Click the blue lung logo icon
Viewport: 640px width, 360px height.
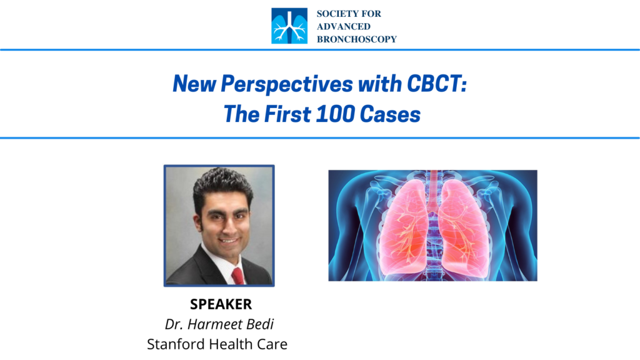point(289,26)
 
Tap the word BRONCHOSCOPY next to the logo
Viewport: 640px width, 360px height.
point(357,39)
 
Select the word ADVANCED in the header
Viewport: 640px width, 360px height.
point(344,26)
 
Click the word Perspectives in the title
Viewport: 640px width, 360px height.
point(286,84)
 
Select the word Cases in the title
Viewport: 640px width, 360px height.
point(390,114)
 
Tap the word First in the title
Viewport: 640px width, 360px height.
point(287,114)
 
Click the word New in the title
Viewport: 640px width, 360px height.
point(194,84)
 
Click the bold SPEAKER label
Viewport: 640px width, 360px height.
point(221,304)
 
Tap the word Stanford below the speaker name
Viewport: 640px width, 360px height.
point(176,344)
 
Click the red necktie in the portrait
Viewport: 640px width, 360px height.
point(237,276)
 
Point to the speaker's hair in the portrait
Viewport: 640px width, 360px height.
point(222,186)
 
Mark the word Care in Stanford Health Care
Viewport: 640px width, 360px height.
point(272,344)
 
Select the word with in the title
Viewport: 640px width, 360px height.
point(379,84)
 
